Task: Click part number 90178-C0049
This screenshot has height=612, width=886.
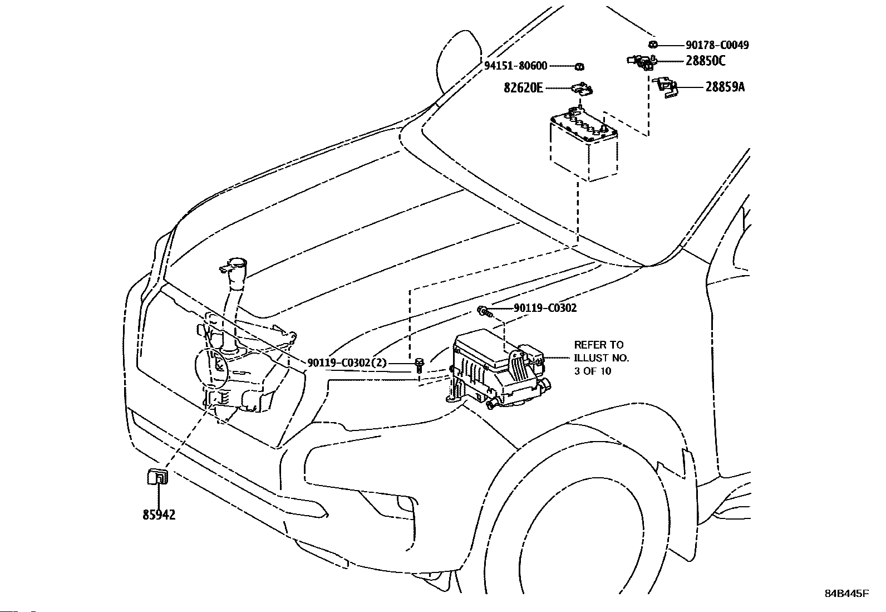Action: click(717, 45)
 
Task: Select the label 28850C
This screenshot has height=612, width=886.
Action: click(706, 61)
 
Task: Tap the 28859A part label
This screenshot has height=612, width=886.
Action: click(725, 87)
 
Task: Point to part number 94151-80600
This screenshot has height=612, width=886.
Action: click(516, 66)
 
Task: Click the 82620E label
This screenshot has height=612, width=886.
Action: click(523, 87)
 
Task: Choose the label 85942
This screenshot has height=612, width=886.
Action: click(159, 515)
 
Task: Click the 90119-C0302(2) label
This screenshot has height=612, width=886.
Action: click(347, 363)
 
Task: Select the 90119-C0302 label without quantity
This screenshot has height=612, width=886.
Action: click(545, 308)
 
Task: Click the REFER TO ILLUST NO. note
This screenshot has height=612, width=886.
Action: click(601, 358)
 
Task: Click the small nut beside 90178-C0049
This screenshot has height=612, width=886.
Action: click(653, 45)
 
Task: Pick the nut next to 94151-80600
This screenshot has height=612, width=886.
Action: click(579, 66)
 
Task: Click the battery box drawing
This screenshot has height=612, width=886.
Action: click(584, 144)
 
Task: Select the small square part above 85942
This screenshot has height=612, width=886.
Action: click(157, 476)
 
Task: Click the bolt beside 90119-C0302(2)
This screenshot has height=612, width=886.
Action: click(419, 365)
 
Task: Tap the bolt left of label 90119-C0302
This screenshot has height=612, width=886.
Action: click(485, 311)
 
